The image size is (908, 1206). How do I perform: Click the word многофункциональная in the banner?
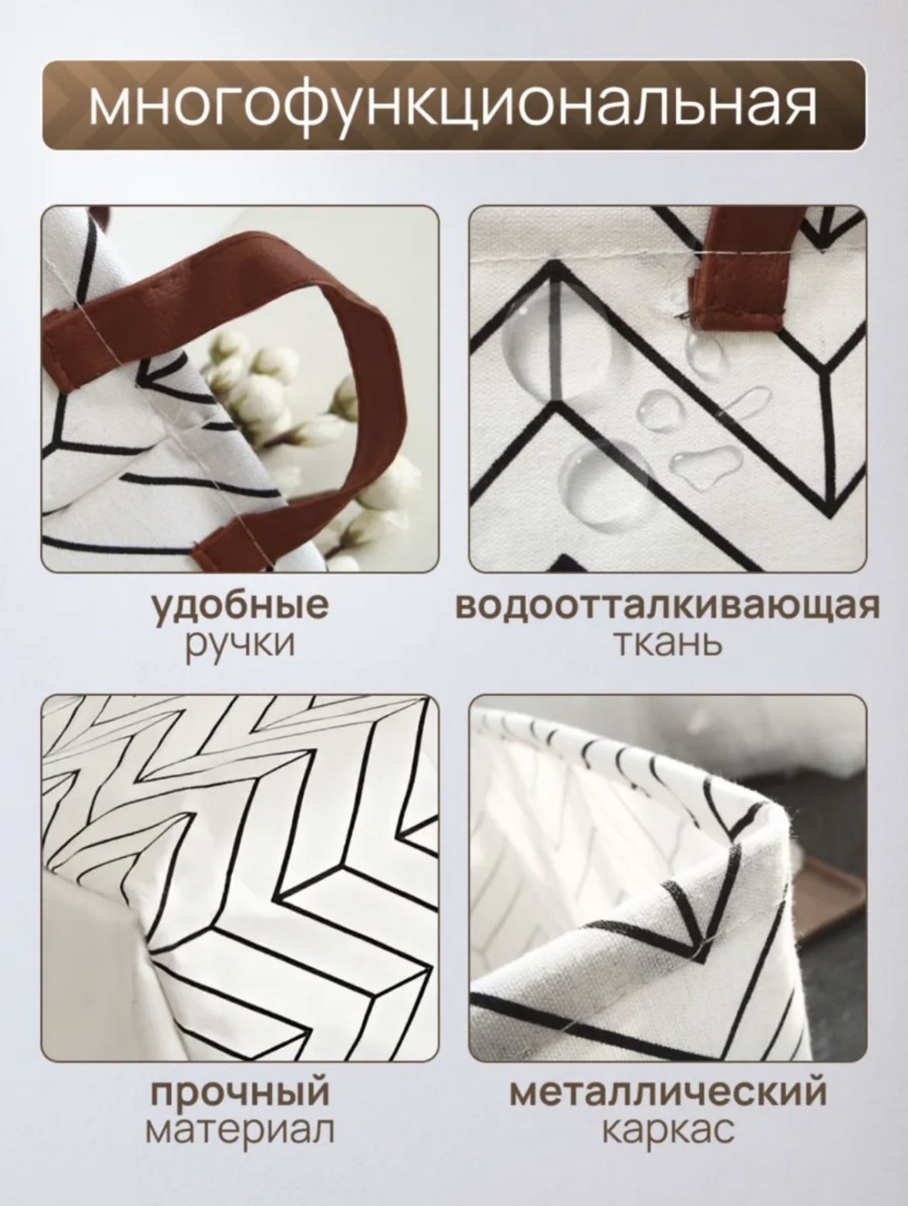451,106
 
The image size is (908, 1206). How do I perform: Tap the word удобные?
240,606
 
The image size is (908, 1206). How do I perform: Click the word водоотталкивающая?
668,606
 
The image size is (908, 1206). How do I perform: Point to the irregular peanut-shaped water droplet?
705,462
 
